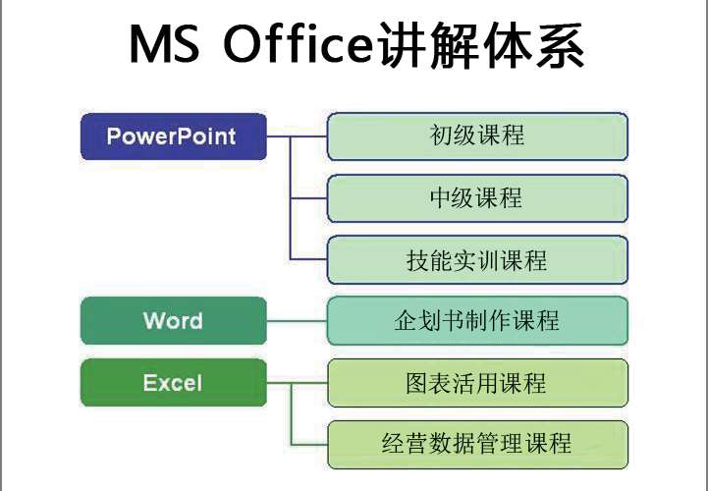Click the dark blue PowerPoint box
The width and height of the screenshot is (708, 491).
[174, 136]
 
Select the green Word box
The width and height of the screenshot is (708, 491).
[174, 320]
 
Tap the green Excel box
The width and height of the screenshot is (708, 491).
[174, 383]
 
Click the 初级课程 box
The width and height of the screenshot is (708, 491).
[477, 136]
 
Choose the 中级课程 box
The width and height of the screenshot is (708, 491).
[477, 198]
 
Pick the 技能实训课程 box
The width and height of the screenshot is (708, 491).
[477, 259]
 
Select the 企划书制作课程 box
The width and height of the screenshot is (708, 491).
[477, 321]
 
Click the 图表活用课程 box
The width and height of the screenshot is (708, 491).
[477, 383]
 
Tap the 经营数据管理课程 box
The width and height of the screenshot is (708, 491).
[477, 445]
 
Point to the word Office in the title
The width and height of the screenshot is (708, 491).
[298, 44]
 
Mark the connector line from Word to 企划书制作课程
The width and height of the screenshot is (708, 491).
[297, 321]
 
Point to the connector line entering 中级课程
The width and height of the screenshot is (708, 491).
[309, 198]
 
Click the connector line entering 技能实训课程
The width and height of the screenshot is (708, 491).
[309, 259]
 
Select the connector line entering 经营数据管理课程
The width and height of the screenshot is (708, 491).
[309, 445]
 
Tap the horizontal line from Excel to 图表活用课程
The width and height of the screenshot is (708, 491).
[298, 383]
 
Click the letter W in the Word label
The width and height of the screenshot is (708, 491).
[153, 320]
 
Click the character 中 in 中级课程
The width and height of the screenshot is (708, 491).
[441, 197]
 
